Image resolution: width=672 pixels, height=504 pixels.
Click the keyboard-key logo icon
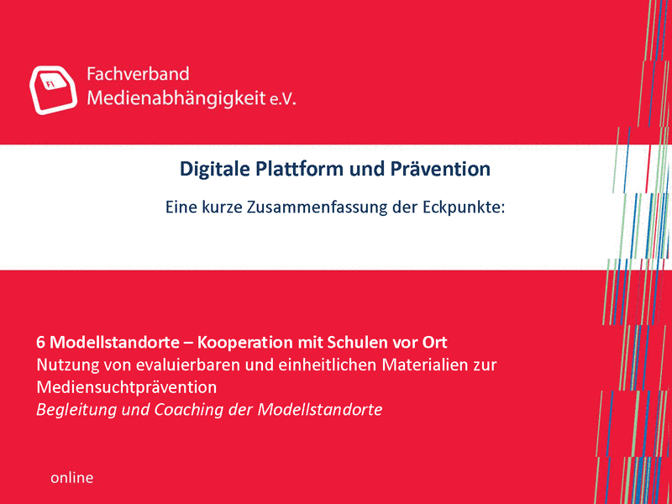click(53, 90)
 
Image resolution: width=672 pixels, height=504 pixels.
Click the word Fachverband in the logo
click(138, 74)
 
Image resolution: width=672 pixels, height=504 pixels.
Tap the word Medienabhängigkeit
click(176, 98)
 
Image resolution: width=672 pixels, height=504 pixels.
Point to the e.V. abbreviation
click(283, 100)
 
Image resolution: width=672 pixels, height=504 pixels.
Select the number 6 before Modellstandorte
click(40, 343)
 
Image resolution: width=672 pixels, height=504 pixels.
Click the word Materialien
click(429, 365)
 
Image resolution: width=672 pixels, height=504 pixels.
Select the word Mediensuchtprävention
click(127, 387)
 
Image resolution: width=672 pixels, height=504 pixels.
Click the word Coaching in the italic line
click(189, 410)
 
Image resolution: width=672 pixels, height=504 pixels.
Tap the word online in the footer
click(71, 477)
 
